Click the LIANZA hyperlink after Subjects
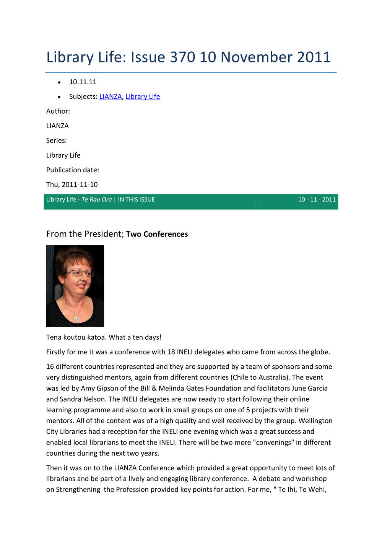click(x=111, y=96)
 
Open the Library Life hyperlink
click(x=143, y=96)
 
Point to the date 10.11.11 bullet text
click(x=83, y=82)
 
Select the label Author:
click(x=58, y=111)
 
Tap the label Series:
click(x=57, y=141)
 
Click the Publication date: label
click(x=73, y=170)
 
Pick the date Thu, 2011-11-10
click(x=72, y=185)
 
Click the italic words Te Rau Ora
click(x=97, y=199)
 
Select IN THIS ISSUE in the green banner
click(x=137, y=199)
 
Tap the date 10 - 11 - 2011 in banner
click(x=317, y=199)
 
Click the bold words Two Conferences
click(x=157, y=234)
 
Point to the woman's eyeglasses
click(x=80, y=273)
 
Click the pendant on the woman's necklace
click(x=76, y=318)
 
